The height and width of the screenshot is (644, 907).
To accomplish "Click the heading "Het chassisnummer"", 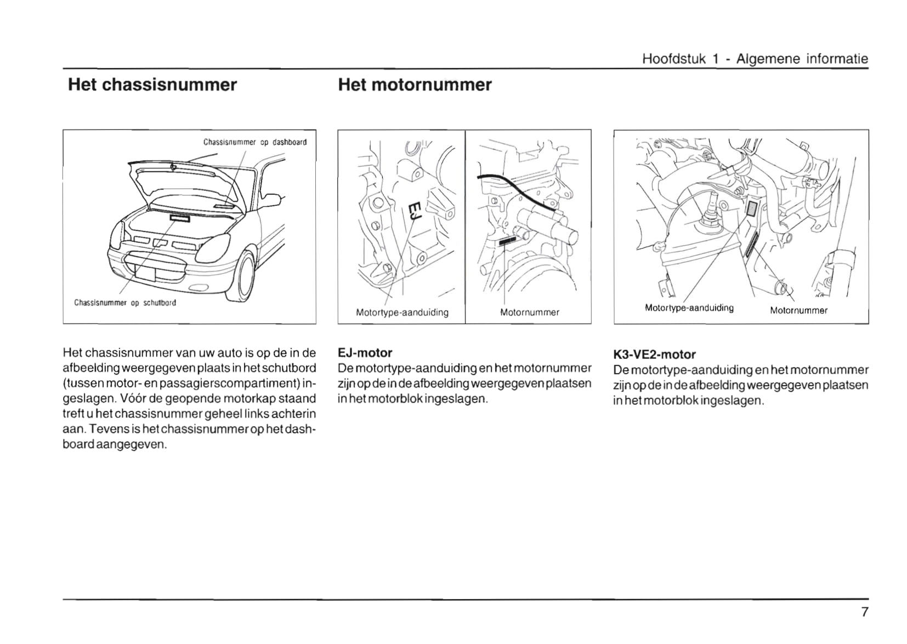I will click(152, 85).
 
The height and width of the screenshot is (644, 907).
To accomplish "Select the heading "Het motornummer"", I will click(415, 85).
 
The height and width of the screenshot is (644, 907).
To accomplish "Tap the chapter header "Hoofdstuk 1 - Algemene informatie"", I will click(755, 59).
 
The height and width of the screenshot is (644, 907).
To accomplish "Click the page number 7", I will click(864, 612).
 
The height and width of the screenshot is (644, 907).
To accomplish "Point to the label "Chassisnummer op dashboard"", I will click(255, 142).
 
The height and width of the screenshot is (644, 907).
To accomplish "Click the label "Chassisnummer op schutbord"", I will click(125, 303).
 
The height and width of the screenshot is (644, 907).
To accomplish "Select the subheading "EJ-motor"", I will click(365, 353).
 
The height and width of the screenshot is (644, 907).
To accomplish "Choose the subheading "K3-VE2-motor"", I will click(654, 354).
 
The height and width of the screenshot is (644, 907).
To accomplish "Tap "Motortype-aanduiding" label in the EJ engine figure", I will click(402, 313).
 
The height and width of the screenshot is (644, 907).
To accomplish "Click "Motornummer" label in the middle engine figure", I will click(529, 313).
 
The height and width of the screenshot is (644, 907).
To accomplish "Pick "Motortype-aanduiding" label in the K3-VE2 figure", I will click(689, 308).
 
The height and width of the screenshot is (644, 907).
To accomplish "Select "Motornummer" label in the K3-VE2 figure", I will click(798, 310).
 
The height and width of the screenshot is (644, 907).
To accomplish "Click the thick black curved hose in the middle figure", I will click(515, 189).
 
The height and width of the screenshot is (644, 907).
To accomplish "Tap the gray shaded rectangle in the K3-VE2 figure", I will click(752, 208).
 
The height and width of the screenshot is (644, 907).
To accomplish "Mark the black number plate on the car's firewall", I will click(179, 218).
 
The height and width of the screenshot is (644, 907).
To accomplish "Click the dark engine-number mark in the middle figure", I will click(507, 240).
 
